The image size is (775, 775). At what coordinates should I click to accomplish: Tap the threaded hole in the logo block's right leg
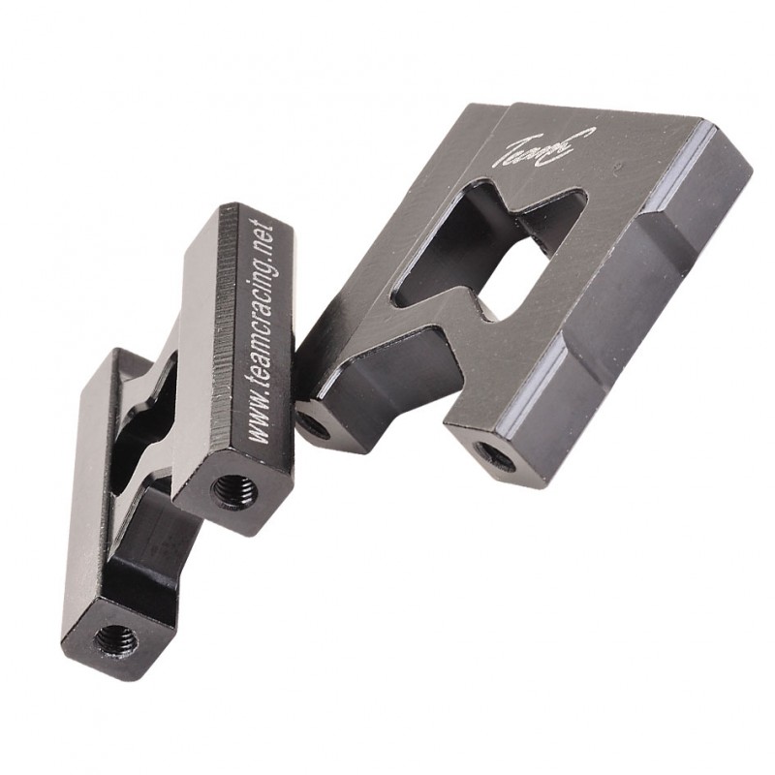coord(494,453)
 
